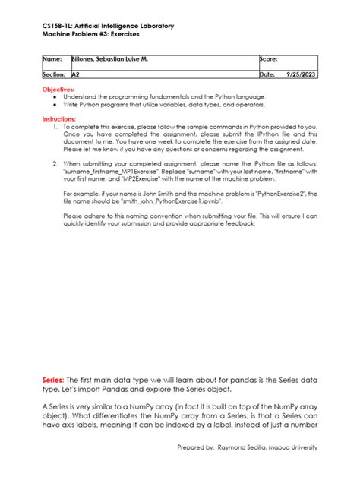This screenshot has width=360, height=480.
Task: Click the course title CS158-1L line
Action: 107,26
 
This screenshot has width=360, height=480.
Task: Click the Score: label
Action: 269,58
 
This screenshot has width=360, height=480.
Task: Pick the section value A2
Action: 75,75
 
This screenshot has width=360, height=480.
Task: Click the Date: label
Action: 267,75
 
